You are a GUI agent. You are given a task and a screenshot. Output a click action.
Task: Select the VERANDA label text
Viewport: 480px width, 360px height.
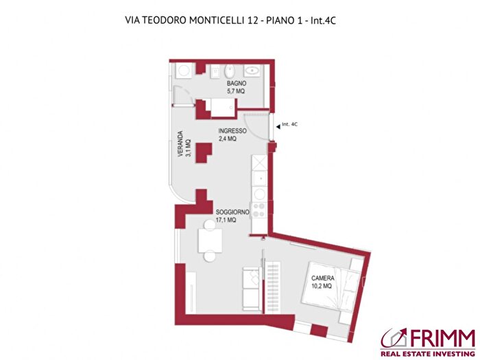180,145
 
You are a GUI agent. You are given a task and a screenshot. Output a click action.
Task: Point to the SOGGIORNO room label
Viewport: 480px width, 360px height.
232,213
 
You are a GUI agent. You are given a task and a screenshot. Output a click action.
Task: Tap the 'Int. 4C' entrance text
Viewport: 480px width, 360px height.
291,124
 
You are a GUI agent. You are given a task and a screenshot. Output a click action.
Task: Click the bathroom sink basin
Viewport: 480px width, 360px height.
252,70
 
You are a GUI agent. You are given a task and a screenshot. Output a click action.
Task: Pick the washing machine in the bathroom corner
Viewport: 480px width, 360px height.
184,71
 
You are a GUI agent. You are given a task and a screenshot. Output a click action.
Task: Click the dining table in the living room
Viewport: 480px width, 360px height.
208,240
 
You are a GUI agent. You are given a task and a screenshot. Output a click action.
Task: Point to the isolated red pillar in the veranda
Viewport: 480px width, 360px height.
204,153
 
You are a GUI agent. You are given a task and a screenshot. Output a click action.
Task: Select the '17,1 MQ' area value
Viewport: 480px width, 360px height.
226,221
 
